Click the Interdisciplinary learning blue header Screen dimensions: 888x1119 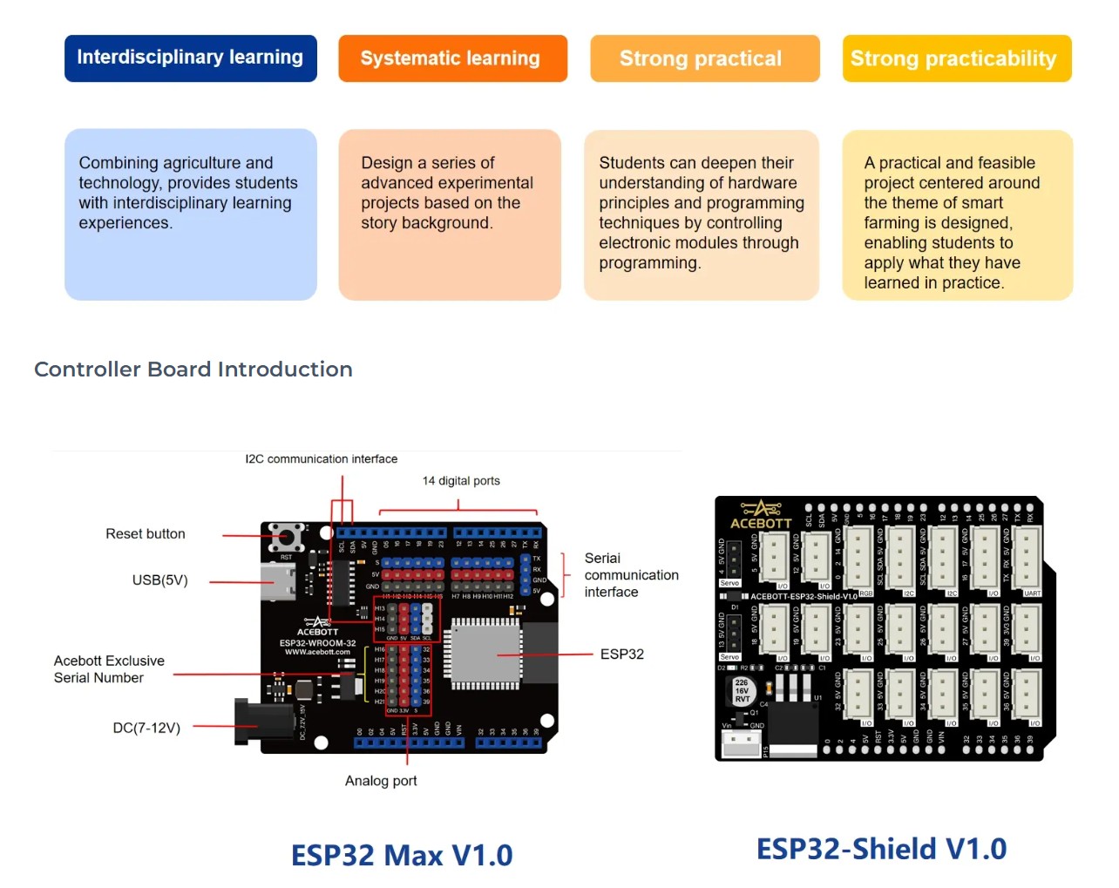(x=190, y=58)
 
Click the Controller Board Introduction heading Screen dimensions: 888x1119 (x=193, y=369)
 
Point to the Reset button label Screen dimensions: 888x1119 (x=146, y=534)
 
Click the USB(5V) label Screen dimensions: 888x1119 (x=159, y=580)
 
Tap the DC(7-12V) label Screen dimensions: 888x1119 (x=146, y=728)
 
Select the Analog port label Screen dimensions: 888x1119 (x=381, y=781)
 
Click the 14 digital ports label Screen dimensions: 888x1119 (x=461, y=481)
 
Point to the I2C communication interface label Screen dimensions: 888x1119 (x=321, y=459)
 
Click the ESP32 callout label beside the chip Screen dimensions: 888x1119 (x=621, y=654)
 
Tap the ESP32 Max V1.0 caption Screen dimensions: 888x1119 (x=402, y=856)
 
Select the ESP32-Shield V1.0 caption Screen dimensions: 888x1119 (x=881, y=850)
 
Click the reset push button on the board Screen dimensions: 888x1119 (x=285, y=536)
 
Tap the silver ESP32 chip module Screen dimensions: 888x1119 (x=486, y=654)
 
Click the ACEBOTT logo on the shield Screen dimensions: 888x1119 (x=760, y=516)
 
